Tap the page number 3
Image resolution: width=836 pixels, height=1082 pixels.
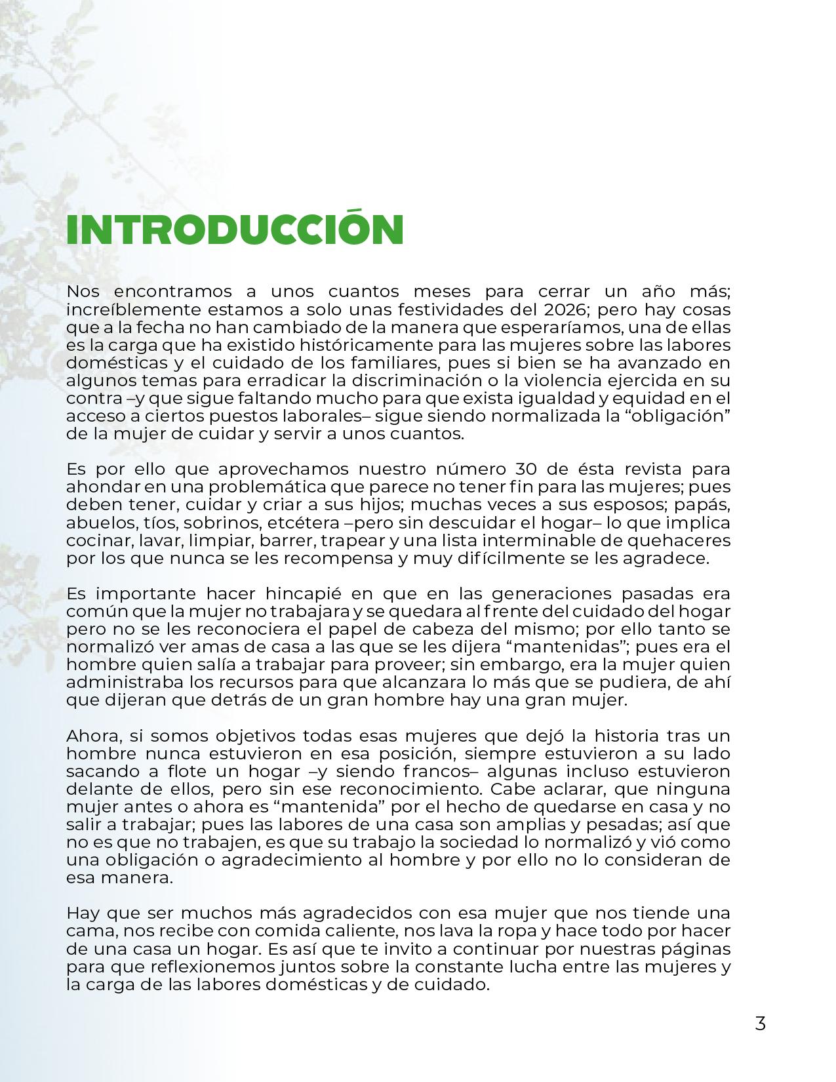(760, 1023)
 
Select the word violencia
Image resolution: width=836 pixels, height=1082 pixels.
(574, 380)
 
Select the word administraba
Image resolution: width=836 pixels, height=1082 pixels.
(126, 683)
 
